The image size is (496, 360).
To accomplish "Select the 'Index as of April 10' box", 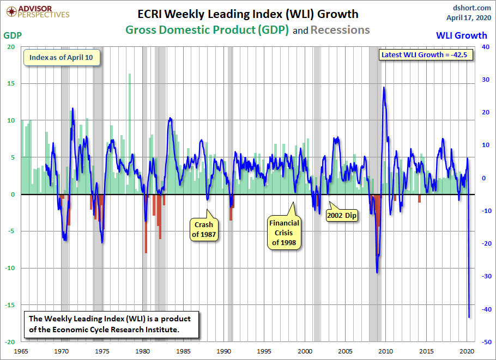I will click(61, 58).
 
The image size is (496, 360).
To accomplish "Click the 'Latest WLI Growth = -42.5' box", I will click(427, 55).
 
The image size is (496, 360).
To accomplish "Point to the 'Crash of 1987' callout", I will click(204, 229).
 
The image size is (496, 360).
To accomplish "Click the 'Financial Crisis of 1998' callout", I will click(283, 233).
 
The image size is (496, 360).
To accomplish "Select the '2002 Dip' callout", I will click(342, 215).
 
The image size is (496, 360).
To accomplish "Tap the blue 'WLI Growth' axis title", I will click(462, 35).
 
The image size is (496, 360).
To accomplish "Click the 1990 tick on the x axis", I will click(224, 351).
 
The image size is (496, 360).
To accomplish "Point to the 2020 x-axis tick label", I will click(467, 351).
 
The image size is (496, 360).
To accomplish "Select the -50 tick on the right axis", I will click(484, 341).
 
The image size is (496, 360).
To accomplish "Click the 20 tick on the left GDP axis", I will click(10, 47).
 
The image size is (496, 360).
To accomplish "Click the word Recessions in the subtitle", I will click(340, 30).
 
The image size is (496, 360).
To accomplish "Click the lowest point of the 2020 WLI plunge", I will click(469, 317).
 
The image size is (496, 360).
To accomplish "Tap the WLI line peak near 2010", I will click(384, 87).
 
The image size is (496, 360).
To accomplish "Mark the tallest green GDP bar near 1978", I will click(130, 75).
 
